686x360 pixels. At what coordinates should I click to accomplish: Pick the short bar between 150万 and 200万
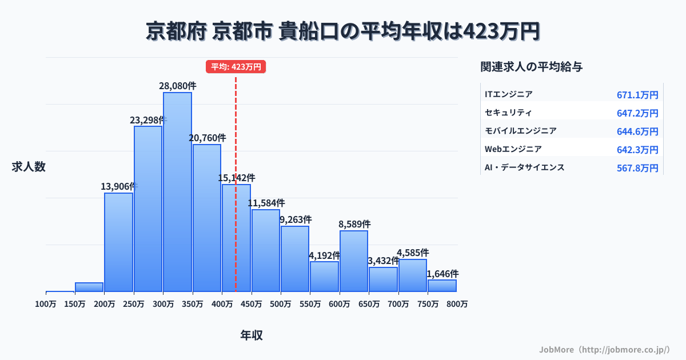pyautogui.click(x=89, y=287)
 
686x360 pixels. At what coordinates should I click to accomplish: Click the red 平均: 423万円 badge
pyautogui.click(x=236, y=67)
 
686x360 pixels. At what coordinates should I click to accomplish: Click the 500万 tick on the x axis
pyautogui.click(x=280, y=304)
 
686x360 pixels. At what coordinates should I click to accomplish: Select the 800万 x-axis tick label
pyautogui.click(x=457, y=304)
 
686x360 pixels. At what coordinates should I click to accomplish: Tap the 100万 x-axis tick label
pyautogui.click(x=46, y=304)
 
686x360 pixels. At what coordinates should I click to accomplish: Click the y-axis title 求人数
pyautogui.click(x=29, y=167)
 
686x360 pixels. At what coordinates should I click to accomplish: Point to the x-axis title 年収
pyautogui.click(x=252, y=335)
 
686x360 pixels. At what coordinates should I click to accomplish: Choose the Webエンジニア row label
pyautogui.click(x=513, y=149)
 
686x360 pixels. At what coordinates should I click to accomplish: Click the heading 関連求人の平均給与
pyautogui.click(x=532, y=67)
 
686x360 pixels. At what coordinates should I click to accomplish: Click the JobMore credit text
pyautogui.click(x=604, y=349)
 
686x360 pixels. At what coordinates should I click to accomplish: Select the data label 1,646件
pyautogui.click(x=442, y=274)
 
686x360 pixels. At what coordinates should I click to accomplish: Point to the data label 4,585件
pyautogui.click(x=413, y=253)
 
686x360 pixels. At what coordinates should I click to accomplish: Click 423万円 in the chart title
pyautogui.click(x=501, y=31)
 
